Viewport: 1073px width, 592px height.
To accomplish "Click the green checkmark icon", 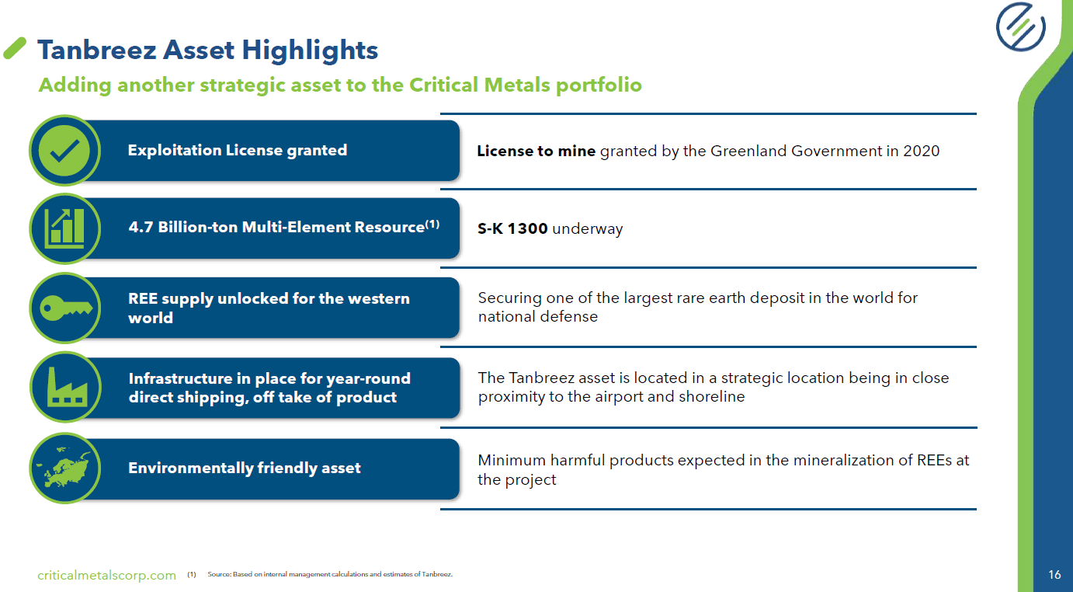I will (x=64, y=150).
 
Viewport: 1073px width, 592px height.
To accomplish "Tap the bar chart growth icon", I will (x=64, y=227).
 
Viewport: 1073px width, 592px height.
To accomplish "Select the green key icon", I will (x=64, y=308).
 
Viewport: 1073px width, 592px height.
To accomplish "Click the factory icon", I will (x=64, y=388).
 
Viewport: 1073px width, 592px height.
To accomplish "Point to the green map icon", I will (x=64, y=468).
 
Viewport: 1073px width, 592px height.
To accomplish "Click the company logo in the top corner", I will (x=1020, y=27).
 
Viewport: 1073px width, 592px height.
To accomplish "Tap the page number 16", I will (x=1054, y=575).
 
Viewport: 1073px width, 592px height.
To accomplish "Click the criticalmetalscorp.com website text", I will (x=107, y=575).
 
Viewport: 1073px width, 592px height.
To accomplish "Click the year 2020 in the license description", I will (x=921, y=151).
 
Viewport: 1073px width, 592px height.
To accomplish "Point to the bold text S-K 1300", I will (x=512, y=228).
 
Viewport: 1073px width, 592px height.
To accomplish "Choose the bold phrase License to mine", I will (x=536, y=151).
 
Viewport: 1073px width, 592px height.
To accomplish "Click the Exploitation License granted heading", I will (x=237, y=150).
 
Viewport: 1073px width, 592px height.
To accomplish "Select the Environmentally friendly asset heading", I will (x=244, y=468).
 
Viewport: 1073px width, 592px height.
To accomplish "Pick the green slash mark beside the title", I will (x=16, y=48).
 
